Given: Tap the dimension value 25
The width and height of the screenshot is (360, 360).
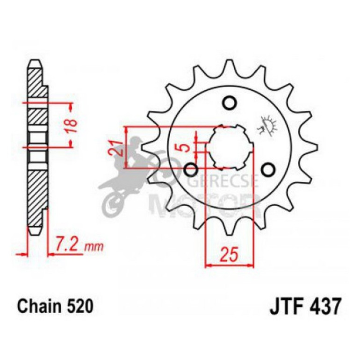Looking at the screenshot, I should click(x=229, y=255).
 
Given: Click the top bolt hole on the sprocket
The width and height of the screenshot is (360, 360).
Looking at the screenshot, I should click(x=229, y=103).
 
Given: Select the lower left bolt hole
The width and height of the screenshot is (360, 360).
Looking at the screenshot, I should click(x=191, y=169).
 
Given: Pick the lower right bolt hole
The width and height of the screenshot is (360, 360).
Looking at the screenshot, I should click(x=268, y=169).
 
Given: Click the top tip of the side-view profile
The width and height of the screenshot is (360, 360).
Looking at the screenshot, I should click(x=35, y=62).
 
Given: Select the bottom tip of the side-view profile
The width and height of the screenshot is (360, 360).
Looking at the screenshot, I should click(x=35, y=232).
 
